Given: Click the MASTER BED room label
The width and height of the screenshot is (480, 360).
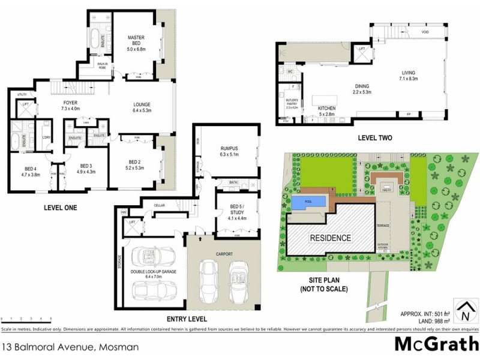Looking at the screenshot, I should pyautogui.click(x=137, y=41).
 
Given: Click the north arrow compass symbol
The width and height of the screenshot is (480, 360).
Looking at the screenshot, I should pyautogui.click(x=463, y=311).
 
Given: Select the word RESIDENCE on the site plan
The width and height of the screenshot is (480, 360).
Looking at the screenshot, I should pyautogui.click(x=330, y=238).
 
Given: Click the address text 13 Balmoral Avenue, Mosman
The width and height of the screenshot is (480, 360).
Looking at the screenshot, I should pyautogui.click(x=71, y=347).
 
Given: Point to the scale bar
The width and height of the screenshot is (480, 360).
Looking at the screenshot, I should pyautogui.click(x=27, y=318).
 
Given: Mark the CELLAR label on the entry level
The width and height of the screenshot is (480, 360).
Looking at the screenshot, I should pyautogui.click(x=159, y=205).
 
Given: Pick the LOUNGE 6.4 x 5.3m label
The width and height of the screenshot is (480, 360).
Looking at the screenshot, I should pyautogui.click(x=142, y=107).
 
